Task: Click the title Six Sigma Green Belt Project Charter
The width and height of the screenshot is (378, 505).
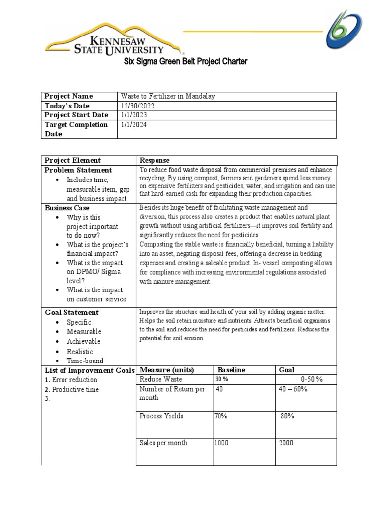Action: pyautogui.click(x=185, y=62)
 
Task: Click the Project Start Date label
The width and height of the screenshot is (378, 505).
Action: pyautogui.click(x=76, y=115)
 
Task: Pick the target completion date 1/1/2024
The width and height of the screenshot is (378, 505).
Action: pyautogui.click(x=134, y=125)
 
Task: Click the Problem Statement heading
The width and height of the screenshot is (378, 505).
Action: pyautogui.click(x=78, y=170)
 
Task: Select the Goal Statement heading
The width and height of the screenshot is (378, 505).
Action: pyautogui.click(x=72, y=312)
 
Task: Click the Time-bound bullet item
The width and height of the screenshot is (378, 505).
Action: pyautogui.click(x=85, y=361)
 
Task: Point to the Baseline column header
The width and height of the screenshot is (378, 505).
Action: pyautogui.click(x=231, y=370)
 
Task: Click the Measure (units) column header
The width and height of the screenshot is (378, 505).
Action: pyautogui.click(x=167, y=370)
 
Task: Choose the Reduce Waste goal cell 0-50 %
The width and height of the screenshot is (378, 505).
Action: pyautogui.click(x=312, y=379)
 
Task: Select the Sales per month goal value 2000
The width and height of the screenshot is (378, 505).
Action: pyautogui.click(x=286, y=443)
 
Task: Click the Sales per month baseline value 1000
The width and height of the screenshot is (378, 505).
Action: pyautogui.click(x=221, y=443)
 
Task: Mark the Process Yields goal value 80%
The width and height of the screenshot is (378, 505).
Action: pyautogui.click(x=287, y=416)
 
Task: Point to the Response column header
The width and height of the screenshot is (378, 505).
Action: pyautogui.click(x=155, y=160)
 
